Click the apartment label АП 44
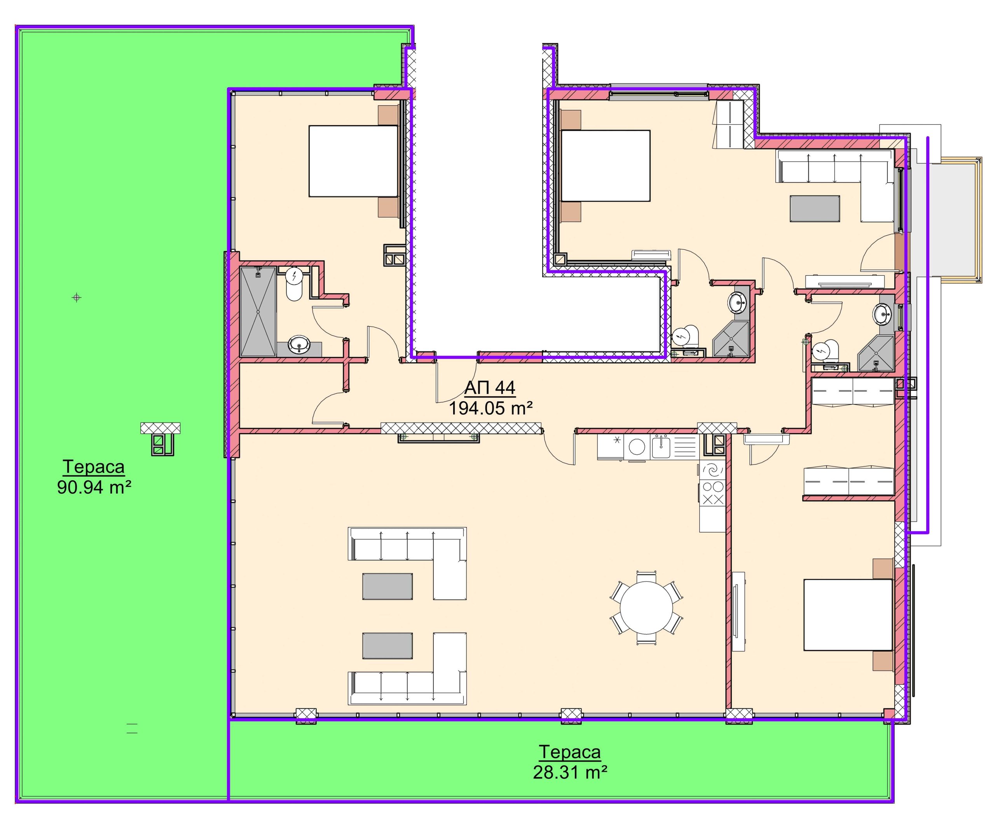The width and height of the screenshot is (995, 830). coord(489,388)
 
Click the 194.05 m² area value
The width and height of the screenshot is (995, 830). coord(491,408)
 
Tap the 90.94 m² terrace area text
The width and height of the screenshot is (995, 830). coord(94,487)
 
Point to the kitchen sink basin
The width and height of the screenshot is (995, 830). coord(661,447)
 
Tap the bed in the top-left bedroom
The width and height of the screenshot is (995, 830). coord(353,161)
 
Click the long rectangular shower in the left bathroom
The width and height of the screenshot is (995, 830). coord(258,311)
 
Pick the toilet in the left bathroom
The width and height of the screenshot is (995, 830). coord(294,283)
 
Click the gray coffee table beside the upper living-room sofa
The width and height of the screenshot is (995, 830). coord(387,586)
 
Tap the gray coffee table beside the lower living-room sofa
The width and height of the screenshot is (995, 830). coord(387,646)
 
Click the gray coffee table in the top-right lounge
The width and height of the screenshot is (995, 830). coord(815,208)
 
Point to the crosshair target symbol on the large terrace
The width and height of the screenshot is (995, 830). coord(77,298)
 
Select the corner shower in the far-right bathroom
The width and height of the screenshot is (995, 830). coord(875,353)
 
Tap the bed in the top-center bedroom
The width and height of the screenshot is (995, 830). coord(605,166)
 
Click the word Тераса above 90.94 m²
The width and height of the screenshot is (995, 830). coord(94,467)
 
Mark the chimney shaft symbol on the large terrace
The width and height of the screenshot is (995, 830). coord(161,438)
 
